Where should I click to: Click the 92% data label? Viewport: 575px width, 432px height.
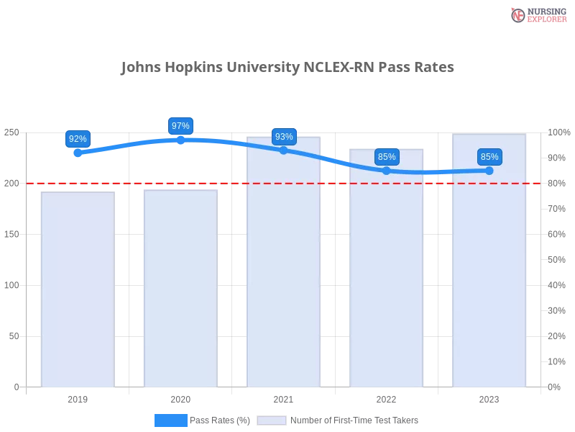78,139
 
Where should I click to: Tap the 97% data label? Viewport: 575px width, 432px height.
180,126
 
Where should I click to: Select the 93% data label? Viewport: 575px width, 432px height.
284,137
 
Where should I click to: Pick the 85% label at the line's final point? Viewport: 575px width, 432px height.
489,157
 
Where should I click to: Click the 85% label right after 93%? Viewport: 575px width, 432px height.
387,157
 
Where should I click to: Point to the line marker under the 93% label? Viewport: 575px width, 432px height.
283,150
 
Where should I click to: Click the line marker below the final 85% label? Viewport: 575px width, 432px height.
489,171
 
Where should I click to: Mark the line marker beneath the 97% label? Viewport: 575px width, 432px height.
180,140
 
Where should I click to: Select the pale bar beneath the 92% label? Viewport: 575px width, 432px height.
78,288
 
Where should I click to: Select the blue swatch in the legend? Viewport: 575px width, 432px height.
170,420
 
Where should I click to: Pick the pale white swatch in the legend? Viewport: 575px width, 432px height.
272,420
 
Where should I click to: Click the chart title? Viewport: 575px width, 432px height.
285,68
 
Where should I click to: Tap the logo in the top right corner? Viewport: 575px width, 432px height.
537,15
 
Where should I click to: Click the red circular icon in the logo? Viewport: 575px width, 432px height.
517,15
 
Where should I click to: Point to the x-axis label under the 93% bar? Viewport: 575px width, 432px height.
283,397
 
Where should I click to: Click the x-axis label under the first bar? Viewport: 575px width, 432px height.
78,397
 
